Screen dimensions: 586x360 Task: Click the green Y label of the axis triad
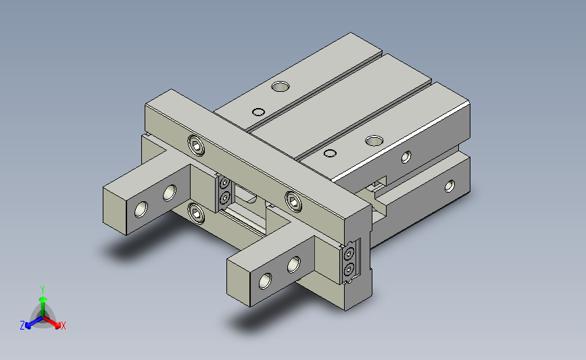[x=42, y=290]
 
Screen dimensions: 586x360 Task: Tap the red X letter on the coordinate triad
[x=63, y=326]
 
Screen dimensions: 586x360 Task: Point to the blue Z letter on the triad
[x=22, y=326]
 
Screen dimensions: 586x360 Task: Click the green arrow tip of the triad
[x=43, y=299]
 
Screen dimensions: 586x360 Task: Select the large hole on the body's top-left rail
[x=280, y=87]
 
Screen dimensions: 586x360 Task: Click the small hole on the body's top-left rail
[x=259, y=112]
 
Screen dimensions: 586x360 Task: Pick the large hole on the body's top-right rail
[x=374, y=140]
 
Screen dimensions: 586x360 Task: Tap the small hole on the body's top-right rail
[x=330, y=153]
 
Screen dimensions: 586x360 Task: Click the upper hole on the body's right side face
[x=406, y=157]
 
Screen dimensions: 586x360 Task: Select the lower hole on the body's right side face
[x=449, y=186]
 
